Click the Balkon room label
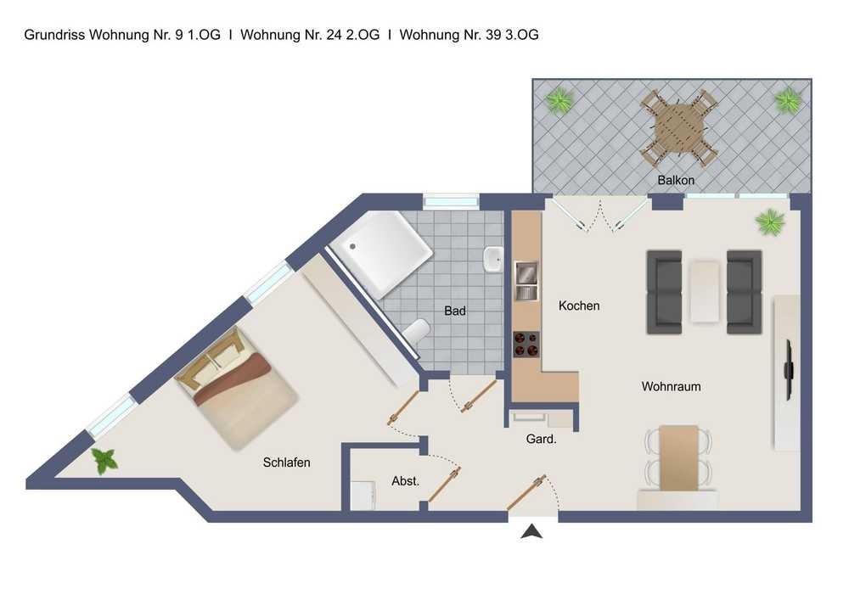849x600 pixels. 676,180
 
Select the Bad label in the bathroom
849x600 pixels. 455,311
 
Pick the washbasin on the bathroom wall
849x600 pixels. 493,260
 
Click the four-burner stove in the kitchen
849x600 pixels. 526,344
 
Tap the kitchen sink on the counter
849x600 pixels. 526,280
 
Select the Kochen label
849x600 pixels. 579,306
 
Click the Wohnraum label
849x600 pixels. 671,386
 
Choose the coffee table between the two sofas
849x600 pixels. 705,292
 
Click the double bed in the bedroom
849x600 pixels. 237,387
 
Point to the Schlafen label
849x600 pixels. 286,463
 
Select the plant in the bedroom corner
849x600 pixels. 105,461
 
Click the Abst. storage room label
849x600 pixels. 406,481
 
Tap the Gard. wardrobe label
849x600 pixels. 542,439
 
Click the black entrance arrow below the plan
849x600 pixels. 531,532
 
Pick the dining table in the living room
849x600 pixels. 678,457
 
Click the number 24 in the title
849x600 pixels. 335,35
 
